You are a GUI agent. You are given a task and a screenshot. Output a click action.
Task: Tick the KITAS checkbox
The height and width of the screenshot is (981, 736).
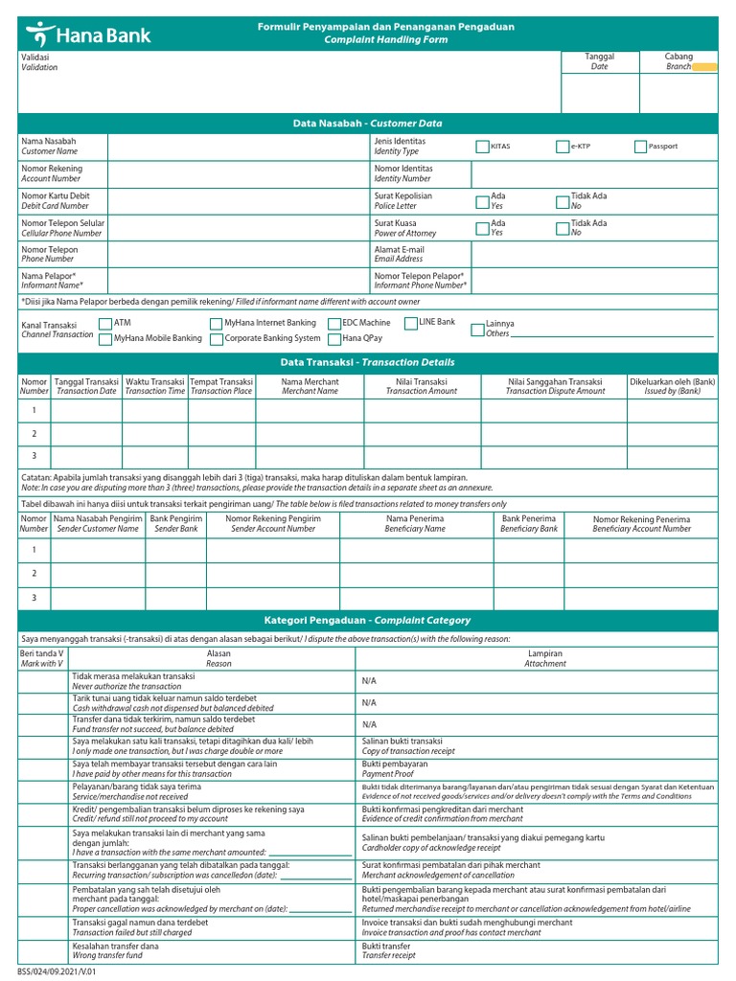[x=482, y=147]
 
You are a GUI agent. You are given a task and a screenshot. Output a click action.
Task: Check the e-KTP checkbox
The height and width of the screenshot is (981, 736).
[x=563, y=147]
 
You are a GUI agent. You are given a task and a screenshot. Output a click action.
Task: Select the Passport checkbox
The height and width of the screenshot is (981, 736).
[x=640, y=147]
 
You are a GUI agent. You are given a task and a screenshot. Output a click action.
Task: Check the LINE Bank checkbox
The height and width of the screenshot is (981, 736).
[x=410, y=323]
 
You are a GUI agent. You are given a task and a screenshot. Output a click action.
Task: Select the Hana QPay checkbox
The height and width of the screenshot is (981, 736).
[x=333, y=339]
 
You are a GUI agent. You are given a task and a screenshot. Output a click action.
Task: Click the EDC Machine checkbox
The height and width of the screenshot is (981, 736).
[x=333, y=324]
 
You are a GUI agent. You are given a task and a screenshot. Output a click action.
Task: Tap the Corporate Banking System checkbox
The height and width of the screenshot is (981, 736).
[x=216, y=339]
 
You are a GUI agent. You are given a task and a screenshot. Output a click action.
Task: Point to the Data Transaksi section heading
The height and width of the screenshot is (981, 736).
[x=367, y=363]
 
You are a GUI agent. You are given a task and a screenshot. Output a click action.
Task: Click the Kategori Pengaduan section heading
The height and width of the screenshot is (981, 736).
[x=367, y=621]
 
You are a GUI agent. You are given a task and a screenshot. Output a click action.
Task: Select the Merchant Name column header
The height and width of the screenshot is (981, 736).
[x=310, y=386]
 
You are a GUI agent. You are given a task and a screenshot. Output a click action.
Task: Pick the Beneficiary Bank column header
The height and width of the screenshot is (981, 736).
[x=529, y=523]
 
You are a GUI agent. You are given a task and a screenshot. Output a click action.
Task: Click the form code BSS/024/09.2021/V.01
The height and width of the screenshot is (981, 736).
[x=57, y=971]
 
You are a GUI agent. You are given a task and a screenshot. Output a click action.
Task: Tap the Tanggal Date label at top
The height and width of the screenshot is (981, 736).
[x=599, y=61]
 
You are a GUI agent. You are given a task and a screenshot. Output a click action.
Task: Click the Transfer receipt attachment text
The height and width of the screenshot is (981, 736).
[x=389, y=955]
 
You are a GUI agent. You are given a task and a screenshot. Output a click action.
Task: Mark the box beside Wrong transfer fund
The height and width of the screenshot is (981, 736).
[x=42, y=950]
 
